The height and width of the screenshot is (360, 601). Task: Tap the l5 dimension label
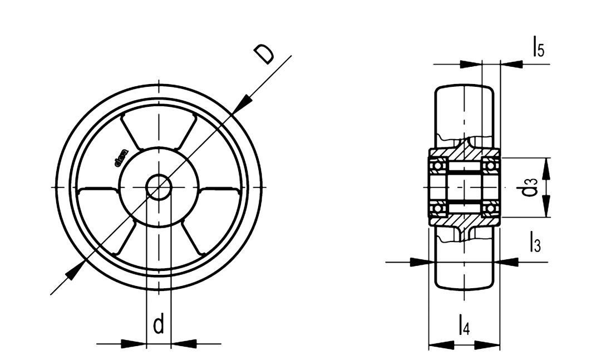coord(538,48)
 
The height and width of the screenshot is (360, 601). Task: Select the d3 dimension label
coord(530,188)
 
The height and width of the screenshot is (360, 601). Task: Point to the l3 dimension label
coord(534,244)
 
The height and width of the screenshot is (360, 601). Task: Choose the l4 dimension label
coord(464,324)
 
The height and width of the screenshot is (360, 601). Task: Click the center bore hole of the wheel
coord(159,186)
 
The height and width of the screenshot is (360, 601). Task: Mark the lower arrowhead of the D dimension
coord(75,270)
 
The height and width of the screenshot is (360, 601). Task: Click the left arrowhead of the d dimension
coord(134,344)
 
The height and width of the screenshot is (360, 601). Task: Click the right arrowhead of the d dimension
coord(184,344)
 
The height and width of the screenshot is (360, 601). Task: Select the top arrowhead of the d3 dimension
coord(547,167)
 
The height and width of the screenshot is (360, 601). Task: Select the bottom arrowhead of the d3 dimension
coord(547,208)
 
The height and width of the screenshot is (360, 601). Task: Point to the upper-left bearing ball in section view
coord(439,164)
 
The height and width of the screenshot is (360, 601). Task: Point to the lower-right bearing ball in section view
coord(491,209)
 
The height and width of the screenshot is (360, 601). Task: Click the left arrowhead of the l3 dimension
coord(422,262)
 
